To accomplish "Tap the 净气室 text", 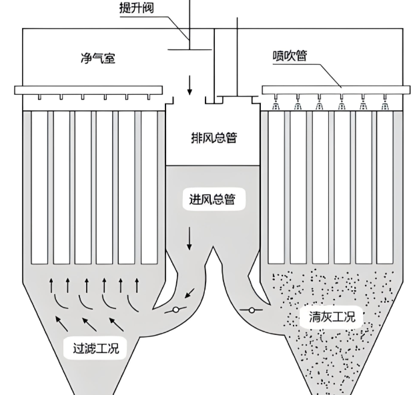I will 98,59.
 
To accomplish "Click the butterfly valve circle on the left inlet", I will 175,310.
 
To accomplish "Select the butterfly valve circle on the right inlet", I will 253,310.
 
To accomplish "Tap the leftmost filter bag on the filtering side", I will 39,187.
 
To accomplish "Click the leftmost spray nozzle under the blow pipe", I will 276,105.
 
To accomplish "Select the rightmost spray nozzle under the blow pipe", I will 384,105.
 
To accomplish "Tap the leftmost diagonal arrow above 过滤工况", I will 62,326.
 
